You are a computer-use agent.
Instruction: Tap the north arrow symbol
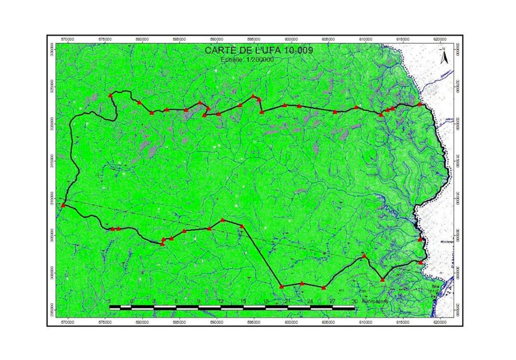[x=443, y=56]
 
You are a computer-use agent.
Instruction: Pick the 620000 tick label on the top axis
[x=440, y=39]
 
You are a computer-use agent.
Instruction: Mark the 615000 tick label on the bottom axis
[x=403, y=323]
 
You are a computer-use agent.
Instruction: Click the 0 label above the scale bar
[x=132, y=301]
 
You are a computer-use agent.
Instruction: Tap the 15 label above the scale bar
[x=243, y=301]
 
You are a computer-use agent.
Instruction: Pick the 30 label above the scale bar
[x=355, y=301]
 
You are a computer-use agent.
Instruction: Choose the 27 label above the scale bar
[x=333, y=301]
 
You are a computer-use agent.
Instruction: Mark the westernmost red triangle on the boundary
[x=63, y=205]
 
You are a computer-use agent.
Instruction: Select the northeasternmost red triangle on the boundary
[x=420, y=104]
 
